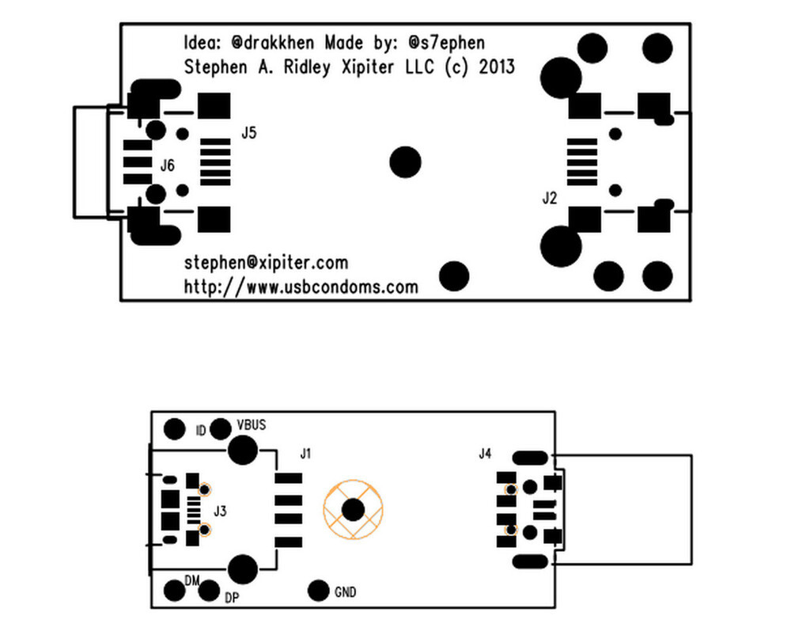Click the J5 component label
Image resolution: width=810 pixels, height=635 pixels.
[x=249, y=133]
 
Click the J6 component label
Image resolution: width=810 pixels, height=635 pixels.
[x=168, y=165]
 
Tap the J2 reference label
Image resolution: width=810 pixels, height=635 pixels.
[x=550, y=198]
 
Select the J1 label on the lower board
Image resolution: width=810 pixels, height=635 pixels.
[x=306, y=454]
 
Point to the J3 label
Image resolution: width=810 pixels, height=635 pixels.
[x=221, y=511]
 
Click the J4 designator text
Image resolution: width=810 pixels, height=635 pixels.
[x=485, y=454]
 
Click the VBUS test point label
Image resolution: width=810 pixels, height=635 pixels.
[x=252, y=425]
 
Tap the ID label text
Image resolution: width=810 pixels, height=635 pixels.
[x=201, y=432]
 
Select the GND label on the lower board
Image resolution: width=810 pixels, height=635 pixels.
[x=346, y=592]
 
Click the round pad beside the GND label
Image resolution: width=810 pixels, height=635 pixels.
[x=318, y=591]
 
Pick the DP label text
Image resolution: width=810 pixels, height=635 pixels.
[x=232, y=598]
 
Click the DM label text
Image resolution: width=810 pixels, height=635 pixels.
[x=191, y=581]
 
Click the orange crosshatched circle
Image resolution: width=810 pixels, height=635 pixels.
[x=353, y=510]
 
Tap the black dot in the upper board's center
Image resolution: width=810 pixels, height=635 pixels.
[x=406, y=162]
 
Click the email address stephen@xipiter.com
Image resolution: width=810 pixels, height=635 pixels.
[x=266, y=263]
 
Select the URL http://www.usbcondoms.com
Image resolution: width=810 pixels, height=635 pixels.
[x=301, y=287]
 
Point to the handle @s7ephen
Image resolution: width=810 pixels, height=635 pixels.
[x=447, y=43]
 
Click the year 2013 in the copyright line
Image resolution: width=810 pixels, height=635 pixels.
[x=495, y=67]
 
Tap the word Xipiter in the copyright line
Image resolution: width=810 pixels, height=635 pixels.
[x=365, y=67]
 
